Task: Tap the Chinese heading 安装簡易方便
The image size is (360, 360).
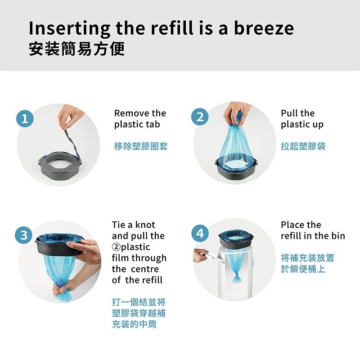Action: tap(76, 49)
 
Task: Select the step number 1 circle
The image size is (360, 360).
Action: tap(25, 119)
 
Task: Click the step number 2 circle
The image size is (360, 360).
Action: tap(200, 117)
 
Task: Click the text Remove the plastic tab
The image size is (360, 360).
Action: tap(139, 119)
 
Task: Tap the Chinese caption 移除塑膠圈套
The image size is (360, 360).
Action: tap(140, 146)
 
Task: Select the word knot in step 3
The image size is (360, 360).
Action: tap(144, 225)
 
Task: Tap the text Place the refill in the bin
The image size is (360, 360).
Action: tap(312, 230)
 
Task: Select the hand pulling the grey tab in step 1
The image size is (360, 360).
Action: tap(71, 113)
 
